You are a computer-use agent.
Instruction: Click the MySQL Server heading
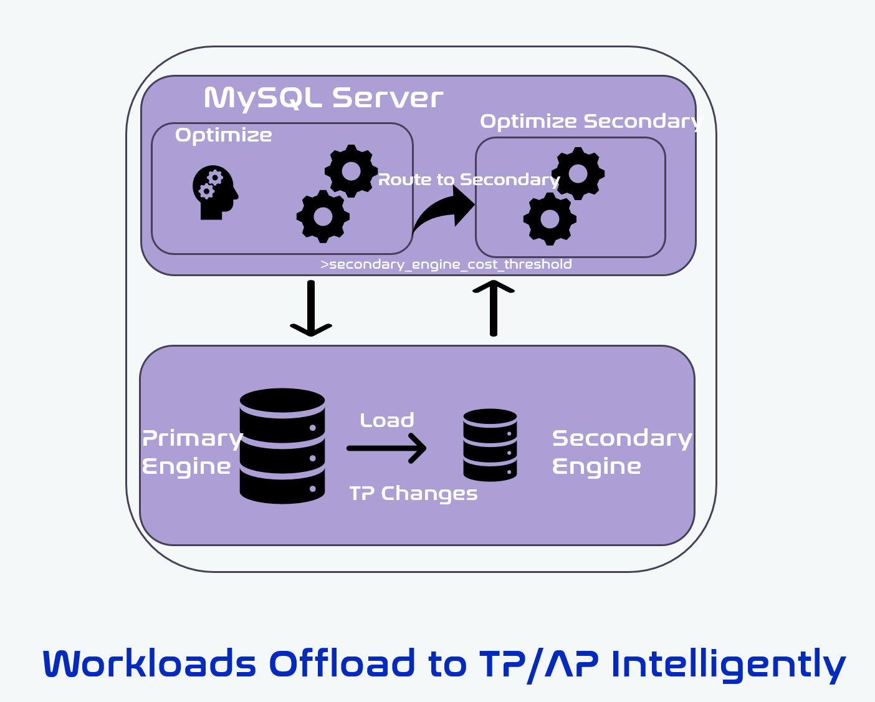pyautogui.click(x=323, y=98)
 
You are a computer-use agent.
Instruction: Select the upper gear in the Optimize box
pyautogui.click(x=351, y=171)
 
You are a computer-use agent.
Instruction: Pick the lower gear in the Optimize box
pyautogui.click(x=323, y=216)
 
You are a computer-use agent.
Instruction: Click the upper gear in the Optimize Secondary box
pyautogui.click(x=578, y=173)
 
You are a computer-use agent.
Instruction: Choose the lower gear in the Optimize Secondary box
pyautogui.click(x=550, y=219)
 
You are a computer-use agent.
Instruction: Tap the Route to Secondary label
pyautogui.click(x=469, y=180)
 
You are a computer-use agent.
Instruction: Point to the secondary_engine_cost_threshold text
pyautogui.click(x=446, y=264)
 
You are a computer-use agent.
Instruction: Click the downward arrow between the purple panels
pyautogui.click(x=311, y=309)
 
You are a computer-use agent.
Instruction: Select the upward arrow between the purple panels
pyautogui.click(x=494, y=308)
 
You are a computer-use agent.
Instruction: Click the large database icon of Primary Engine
pyautogui.click(x=282, y=446)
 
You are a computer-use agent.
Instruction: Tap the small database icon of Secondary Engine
pyautogui.click(x=490, y=445)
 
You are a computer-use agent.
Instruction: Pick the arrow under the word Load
pyautogui.click(x=386, y=448)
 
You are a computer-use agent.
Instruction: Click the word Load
pyautogui.click(x=387, y=420)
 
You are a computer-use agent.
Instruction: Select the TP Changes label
pyautogui.click(x=413, y=493)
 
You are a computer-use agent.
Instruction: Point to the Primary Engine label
pyautogui.click(x=191, y=452)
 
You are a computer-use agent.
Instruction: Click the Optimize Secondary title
pyautogui.click(x=591, y=121)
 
